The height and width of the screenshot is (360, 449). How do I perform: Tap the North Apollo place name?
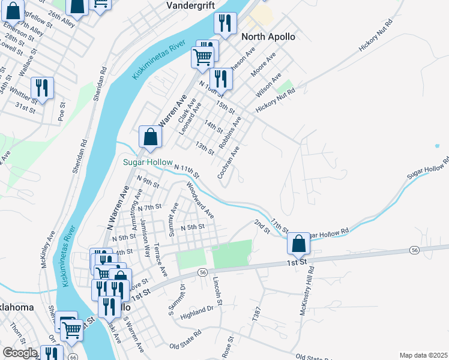[x=268, y=37]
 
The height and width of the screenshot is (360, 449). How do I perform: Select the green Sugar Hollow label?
[x=148, y=163]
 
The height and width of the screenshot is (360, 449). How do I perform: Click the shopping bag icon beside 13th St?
[x=149, y=136]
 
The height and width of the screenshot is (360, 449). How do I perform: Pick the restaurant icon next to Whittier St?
[x=42, y=88]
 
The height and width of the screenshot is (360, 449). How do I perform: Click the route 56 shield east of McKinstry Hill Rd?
[x=415, y=249]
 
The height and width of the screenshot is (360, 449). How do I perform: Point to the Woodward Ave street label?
[x=200, y=200]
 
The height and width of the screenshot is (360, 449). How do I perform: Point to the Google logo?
[x=20, y=353]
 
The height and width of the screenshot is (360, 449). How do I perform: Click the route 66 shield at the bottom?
[x=73, y=357]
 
